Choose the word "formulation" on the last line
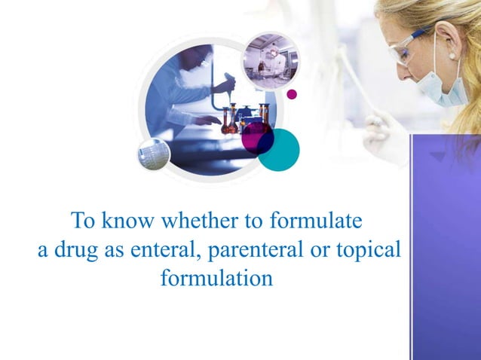click(217, 277)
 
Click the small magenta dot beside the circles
click(292, 94)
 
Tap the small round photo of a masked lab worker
click(270, 60)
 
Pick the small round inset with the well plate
click(154, 154)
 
